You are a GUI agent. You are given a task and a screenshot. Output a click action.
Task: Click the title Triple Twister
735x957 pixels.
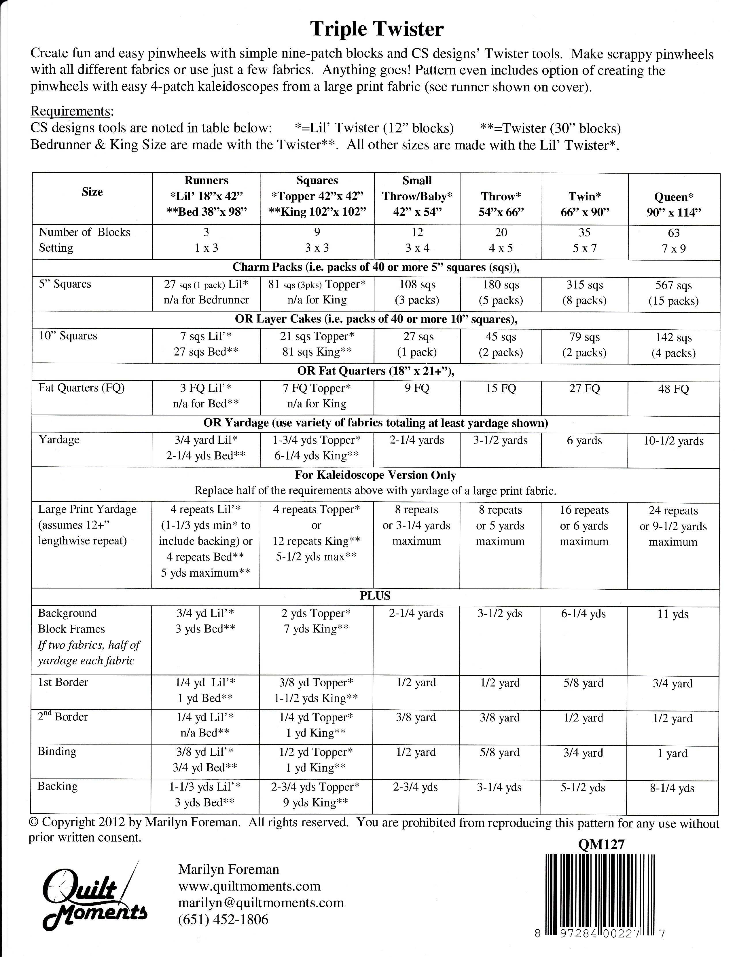tap(377, 29)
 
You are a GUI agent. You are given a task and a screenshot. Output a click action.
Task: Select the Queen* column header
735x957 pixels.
tap(674, 204)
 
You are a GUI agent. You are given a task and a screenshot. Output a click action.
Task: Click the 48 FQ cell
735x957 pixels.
tap(673, 389)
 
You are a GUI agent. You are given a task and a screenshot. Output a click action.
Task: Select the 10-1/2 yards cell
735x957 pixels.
tap(673, 441)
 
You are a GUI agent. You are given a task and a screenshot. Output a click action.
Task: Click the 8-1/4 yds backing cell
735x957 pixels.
tap(673, 788)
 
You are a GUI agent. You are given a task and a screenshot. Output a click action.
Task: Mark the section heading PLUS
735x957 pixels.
tap(375, 596)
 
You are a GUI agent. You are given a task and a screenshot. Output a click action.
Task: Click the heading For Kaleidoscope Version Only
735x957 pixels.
tap(375, 475)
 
